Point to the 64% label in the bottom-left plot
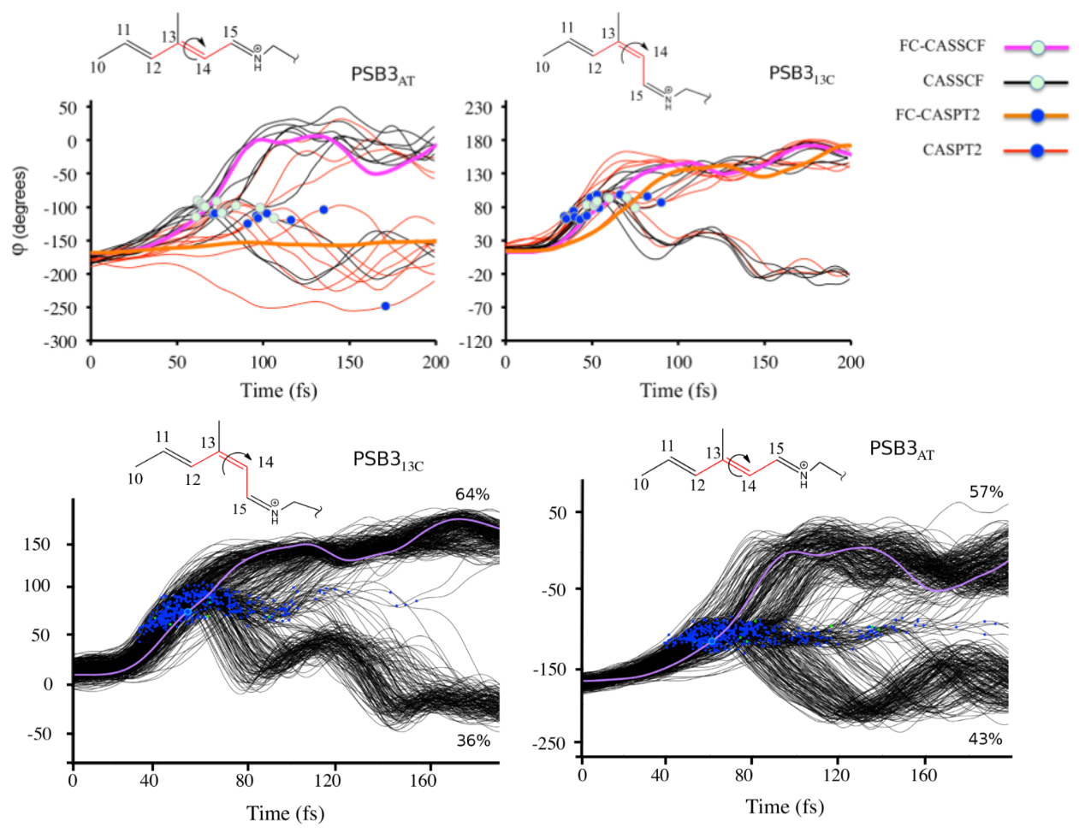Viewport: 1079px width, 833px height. (472, 494)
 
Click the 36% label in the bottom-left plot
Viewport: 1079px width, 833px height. (473, 741)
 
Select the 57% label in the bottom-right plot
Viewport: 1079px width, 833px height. (986, 492)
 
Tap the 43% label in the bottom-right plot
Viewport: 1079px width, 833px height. (985, 738)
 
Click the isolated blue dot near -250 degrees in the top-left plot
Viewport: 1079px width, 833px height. (386, 306)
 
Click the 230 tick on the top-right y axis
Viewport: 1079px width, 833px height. (478, 108)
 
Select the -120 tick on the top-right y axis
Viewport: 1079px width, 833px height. (477, 341)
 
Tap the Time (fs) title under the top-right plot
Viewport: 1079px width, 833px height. (678, 391)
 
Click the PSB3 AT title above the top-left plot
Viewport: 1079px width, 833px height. (382, 75)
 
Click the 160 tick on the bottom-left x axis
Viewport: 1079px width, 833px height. (423, 780)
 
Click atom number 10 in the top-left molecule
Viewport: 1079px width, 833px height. (98, 67)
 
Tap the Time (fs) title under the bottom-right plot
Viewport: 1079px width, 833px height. (784, 806)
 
